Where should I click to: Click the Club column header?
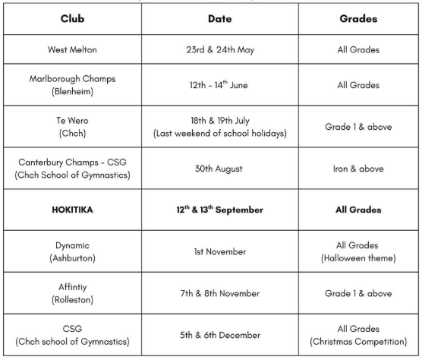click(70, 17)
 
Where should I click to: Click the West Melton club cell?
click(70, 56)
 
